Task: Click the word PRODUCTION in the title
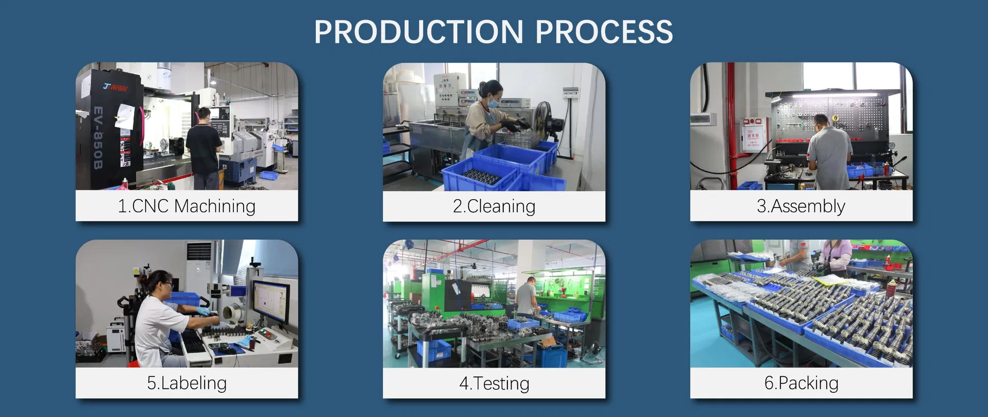419,32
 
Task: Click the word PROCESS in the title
604,32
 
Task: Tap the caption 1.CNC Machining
186,206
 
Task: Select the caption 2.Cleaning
494,206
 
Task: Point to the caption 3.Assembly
801,206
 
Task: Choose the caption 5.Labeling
186,383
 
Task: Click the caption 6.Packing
801,383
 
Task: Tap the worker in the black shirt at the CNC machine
204,147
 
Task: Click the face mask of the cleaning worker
493,103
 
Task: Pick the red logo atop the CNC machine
116,87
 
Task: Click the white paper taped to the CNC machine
125,116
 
